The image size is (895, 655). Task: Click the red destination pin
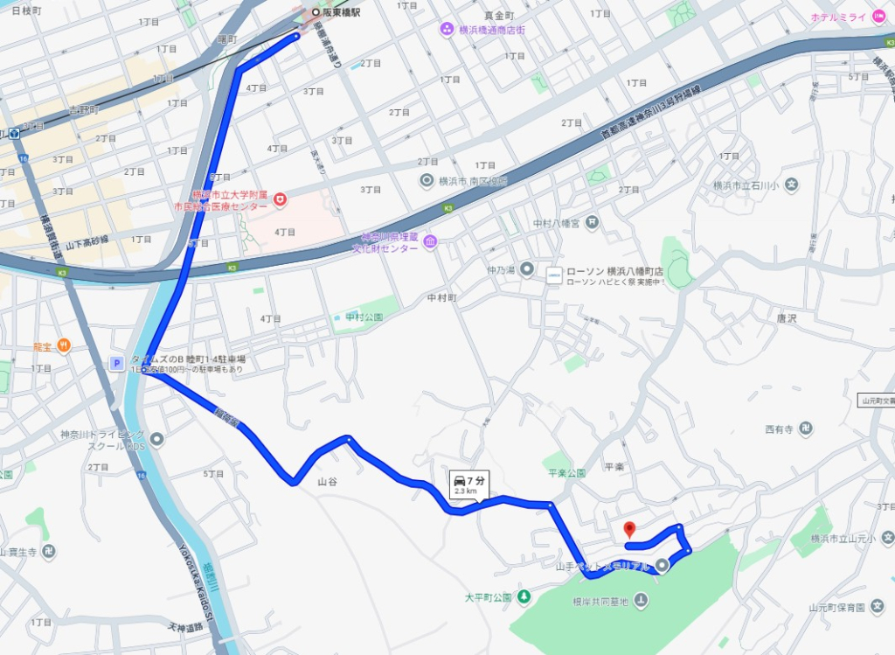tap(628, 529)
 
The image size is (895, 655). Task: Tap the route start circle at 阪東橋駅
tap(316, 12)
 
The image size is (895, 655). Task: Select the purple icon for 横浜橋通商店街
tap(447, 29)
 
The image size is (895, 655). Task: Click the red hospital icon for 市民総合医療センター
tap(280, 200)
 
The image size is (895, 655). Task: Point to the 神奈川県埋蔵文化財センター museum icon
tap(430, 242)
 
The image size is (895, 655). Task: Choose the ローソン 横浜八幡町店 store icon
tap(553, 275)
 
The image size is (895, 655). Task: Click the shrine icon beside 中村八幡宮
tap(593, 222)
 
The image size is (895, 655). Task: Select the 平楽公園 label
tap(565, 472)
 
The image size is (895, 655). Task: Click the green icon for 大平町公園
tap(524, 597)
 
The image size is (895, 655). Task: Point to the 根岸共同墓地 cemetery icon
tap(641, 600)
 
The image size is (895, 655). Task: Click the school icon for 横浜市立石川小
tap(791, 185)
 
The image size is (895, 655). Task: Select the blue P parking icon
tap(116, 364)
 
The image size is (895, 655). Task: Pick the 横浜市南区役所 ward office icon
tap(427, 181)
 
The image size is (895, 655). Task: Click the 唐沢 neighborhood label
tap(787, 319)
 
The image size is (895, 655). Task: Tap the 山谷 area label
tap(327, 482)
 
